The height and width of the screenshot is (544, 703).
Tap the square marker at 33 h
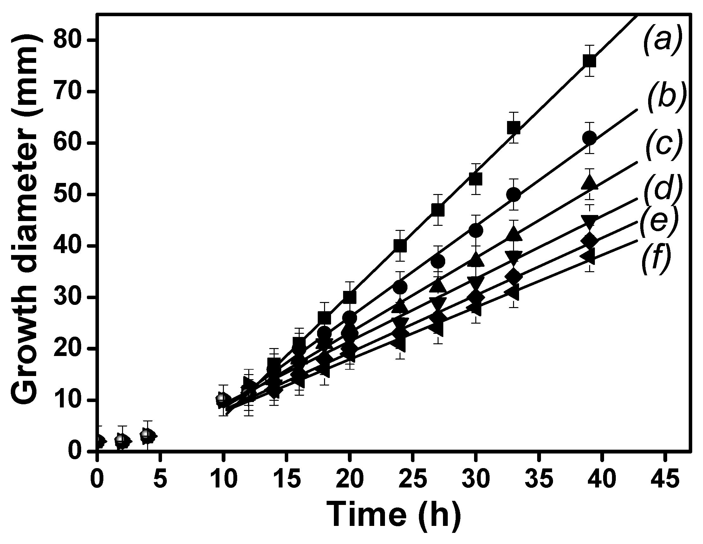pyautogui.click(x=513, y=128)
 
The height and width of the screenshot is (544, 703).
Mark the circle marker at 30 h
pyautogui.click(x=475, y=231)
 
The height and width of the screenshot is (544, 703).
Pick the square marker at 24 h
pyautogui.click(x=400, y=246)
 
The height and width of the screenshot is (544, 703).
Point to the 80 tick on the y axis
pyautogui.click(x=92, y=40)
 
